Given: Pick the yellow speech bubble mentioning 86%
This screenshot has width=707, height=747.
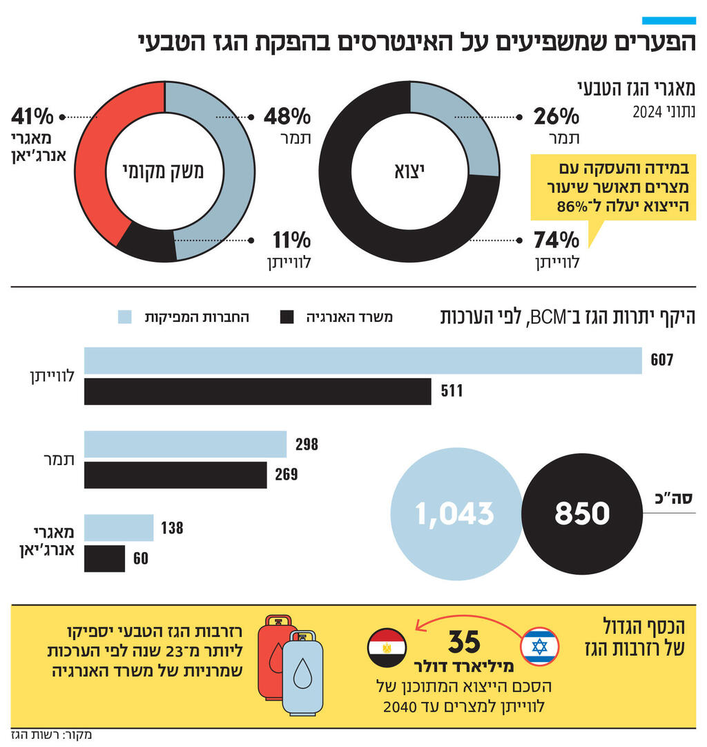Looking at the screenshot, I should click(x=612, y=187).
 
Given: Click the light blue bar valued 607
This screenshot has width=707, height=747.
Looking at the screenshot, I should click(x=362, y=361).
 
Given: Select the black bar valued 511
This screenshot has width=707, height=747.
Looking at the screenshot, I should click(x=258, y=391).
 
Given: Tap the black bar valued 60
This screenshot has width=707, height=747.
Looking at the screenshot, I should click(x=104, y=558).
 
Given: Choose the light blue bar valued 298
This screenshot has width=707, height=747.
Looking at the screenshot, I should click(x=185, y=444).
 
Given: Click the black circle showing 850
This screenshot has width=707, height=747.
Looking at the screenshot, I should click(x=581, y=513).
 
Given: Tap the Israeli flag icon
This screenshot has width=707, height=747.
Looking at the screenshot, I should click(x=539, y=647).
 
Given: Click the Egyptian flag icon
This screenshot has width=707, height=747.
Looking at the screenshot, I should click(x=387, y=647).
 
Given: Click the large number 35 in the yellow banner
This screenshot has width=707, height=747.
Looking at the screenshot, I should click(x=464, y=643).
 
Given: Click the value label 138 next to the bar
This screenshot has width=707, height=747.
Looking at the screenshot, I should click(x=172, y=529).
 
